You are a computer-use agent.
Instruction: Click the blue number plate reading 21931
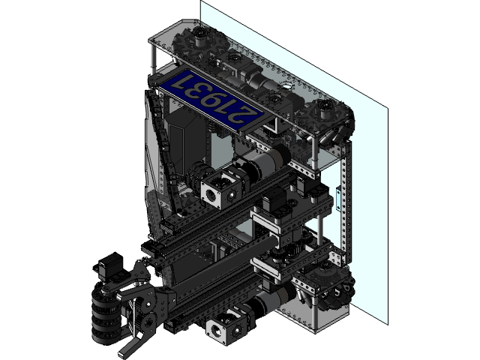[209, 100]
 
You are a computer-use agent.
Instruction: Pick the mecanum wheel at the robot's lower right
[331, 289]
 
